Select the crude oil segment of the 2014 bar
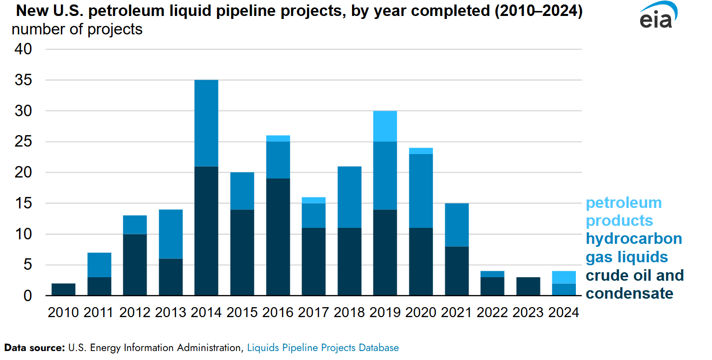[x=206, y=231]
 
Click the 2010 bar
[x=63, y=290]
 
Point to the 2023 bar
[x=529, y=287]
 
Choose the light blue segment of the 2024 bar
[x=564, y=277]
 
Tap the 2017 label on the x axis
[x=314, y=313]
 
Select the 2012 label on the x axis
[x=135, y=313]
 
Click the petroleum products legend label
[x=623, y=211]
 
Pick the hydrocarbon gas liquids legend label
[x=633, y=248]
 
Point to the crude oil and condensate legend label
[x=634, y=284]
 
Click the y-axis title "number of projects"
[x=77, y=29]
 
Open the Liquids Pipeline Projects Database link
[x=323, y=348]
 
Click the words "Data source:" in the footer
[x=35, y=348]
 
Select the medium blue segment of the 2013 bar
[x=171, y=234]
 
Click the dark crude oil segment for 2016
[x=278, y=237]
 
